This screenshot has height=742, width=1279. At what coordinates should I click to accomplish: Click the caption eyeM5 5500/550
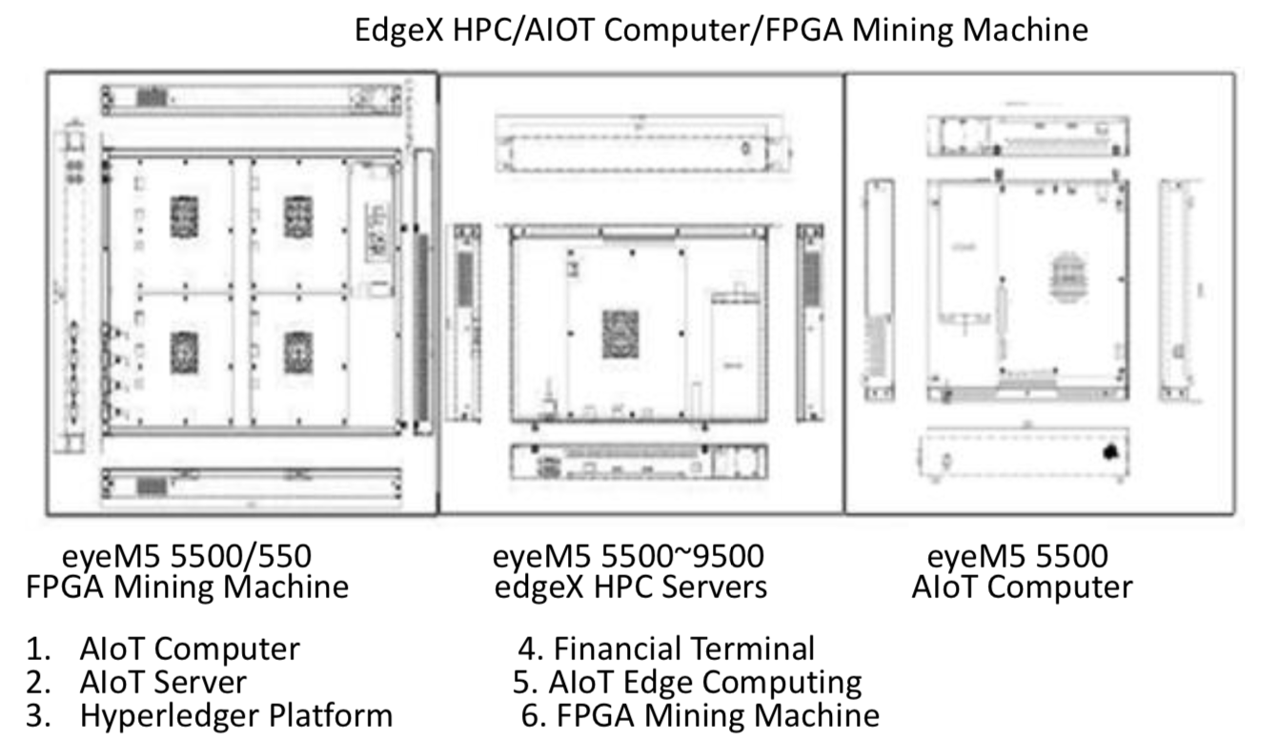point(187,556)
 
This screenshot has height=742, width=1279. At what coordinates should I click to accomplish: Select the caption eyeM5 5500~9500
point(628,556)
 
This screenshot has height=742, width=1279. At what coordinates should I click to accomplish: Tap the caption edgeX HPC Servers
point(631,586)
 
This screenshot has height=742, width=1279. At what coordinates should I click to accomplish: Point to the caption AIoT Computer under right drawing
point(1022,586)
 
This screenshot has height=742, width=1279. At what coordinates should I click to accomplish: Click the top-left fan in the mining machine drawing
point(184,216)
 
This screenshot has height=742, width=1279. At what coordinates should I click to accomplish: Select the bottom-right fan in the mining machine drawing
point(298,351)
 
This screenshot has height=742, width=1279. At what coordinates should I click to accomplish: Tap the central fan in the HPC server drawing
point(620,334)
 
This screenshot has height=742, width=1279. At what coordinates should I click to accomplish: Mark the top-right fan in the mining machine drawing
point(298,216)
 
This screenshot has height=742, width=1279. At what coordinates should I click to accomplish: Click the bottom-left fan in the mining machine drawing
point(184,351)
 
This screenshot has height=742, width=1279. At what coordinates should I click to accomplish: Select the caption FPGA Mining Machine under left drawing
point(187,586)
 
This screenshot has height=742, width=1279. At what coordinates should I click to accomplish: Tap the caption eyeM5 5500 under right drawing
point(1017,556)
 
